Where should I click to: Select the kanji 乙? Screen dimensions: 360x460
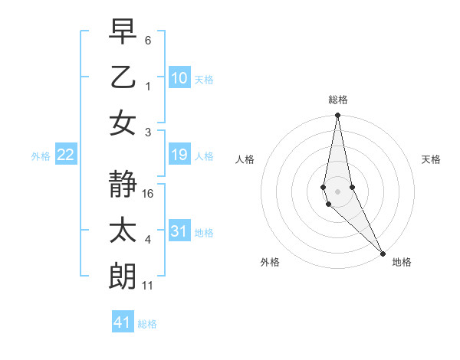click(x=124, y=77)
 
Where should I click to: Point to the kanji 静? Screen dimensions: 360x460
click(x=124, y=185)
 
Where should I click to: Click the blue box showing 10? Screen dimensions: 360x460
click(x=179, y=78)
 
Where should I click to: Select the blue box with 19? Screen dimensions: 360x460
click(x=179, y=155)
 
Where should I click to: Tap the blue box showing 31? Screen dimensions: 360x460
click(x=179, y=231)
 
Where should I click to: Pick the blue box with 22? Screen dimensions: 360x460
click(x=66, y=155)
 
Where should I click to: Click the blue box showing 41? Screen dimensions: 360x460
click(x=123, y=322)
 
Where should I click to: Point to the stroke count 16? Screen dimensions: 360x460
click(x=149, y=194)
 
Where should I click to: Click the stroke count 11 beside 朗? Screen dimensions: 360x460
click(x=149, y=286)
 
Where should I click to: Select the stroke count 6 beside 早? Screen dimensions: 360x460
click(x=148, y=40)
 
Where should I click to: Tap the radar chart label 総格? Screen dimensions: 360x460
click(x=338, y=100)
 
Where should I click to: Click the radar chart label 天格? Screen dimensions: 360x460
click(x=431, y=159)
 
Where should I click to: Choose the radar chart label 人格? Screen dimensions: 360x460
click(x=245, y=159)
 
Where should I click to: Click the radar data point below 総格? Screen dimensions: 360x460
click(x=337, y=116)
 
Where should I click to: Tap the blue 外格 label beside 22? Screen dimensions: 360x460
click(x=41, y=156)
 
